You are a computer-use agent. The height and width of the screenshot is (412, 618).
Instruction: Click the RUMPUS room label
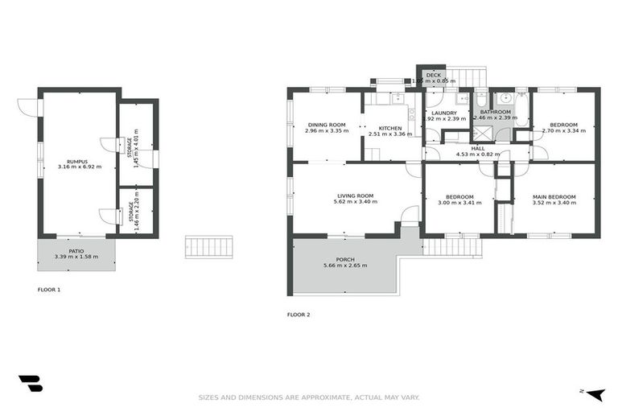(76, 160)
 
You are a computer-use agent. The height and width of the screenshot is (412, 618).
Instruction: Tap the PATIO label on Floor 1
(76, 251)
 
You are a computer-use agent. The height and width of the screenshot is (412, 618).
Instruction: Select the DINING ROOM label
(327, 125)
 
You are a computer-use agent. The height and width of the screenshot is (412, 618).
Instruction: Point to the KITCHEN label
(390, 128)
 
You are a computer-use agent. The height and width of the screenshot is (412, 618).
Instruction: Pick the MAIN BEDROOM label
(554, 196)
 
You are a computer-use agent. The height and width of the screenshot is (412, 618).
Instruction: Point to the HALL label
(477, 148)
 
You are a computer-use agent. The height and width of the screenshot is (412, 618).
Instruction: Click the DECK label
(434, 75)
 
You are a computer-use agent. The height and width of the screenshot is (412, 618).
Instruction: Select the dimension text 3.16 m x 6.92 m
(76, 167)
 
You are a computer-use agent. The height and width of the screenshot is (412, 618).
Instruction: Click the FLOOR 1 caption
(49, 289)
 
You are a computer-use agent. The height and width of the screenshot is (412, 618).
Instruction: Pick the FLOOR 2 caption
(299, 315)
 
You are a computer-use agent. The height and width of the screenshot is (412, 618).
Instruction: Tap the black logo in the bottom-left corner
(30, 385)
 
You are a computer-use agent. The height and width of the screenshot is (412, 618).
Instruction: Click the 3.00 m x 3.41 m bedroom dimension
(459, 203)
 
